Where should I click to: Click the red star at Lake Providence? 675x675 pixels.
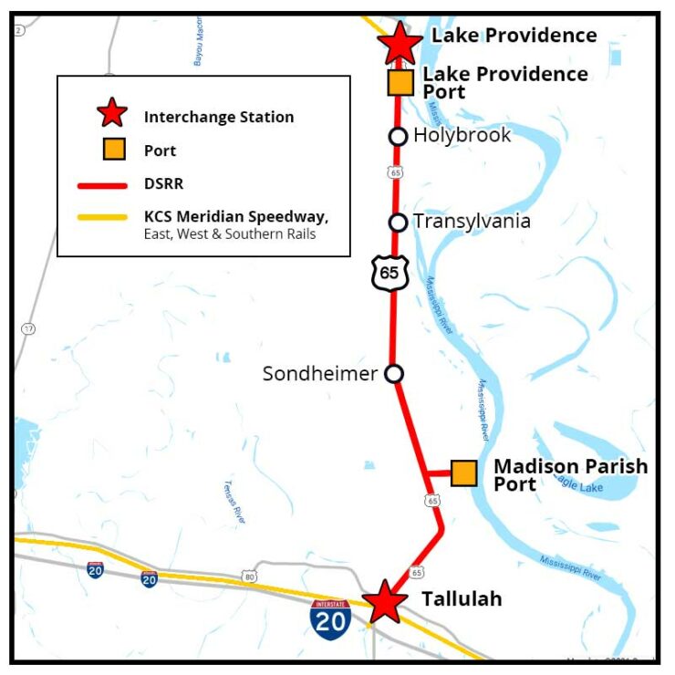coord(400,42)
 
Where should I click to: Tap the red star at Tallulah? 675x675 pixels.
coord(385,602)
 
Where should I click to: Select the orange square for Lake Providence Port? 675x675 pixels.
coord(400,83)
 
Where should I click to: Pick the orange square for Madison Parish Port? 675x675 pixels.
coord(464,472)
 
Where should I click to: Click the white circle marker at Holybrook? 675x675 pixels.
coord(398,137)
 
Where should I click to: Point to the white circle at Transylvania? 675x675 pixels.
coord(398,223)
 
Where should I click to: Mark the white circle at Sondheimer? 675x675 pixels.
coord(394,373)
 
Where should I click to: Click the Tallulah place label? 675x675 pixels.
coord(462,599)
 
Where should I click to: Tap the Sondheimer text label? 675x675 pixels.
coord(319,374)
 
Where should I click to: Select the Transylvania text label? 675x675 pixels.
coord(472,222)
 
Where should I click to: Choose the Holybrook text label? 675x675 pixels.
coord(462,136)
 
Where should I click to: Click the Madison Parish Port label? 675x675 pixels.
coord(570,474)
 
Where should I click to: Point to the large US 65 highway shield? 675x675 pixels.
coord(389,272)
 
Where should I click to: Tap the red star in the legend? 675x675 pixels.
coord(111,115)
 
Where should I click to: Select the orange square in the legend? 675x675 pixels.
coord(114,150)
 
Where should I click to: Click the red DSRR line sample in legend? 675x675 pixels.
coord(101,184)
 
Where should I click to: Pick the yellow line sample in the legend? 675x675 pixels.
coord(101,217)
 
